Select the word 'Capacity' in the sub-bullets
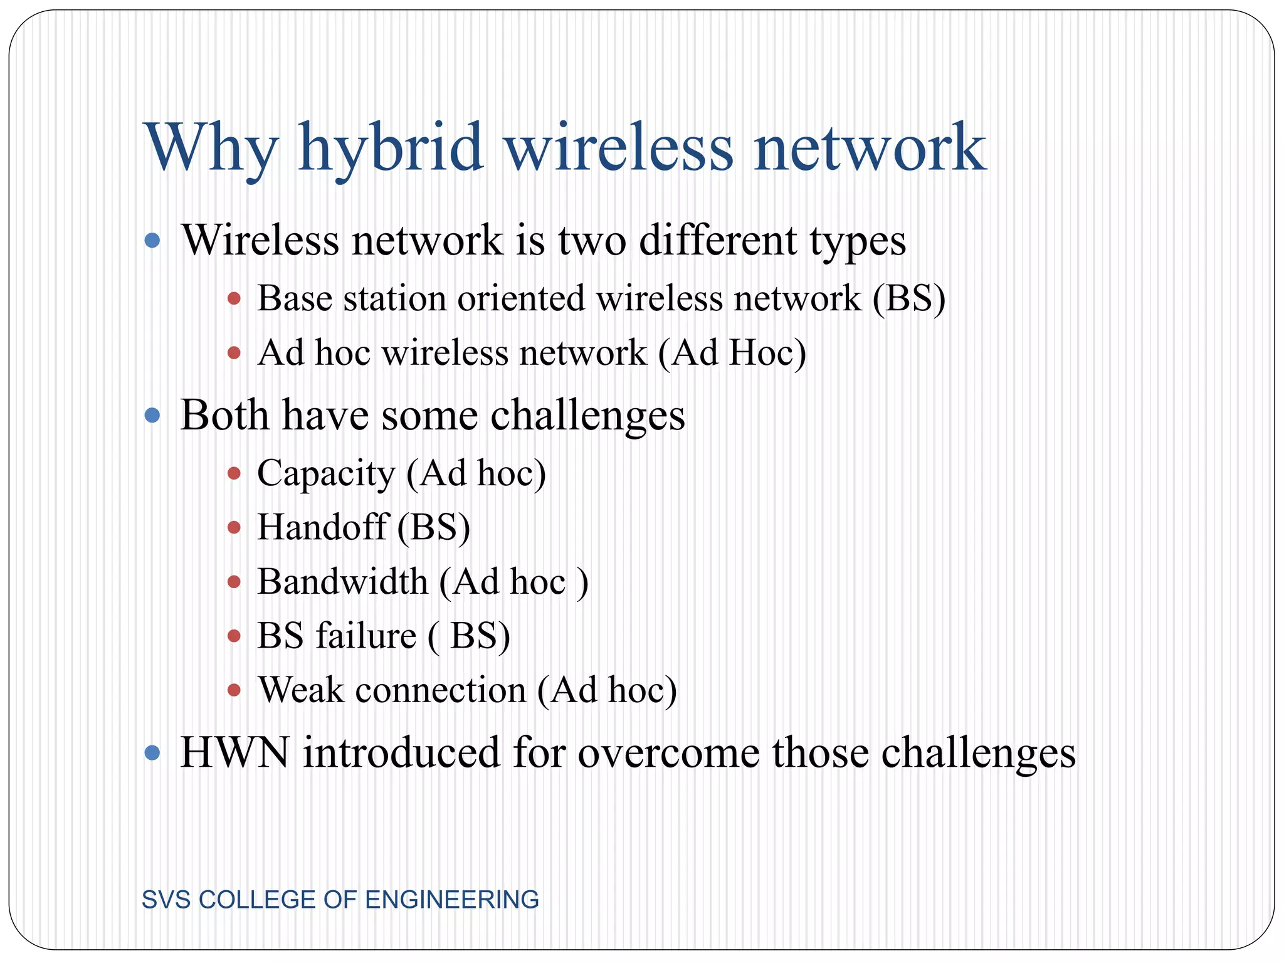[x=325, y=473]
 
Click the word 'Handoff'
[x=322, y=527]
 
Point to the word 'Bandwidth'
[x=342, y=581]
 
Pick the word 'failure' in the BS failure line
[x=366, y=636]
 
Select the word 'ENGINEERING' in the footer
[x=452, y=900]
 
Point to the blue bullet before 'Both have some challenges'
[x=152, y=415]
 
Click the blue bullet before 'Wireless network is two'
[x=152, y=240]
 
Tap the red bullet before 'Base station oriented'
[x=234, y=298]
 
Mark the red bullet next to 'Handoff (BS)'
[x=234, y=527]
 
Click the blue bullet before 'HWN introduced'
[x=152, y=752]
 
